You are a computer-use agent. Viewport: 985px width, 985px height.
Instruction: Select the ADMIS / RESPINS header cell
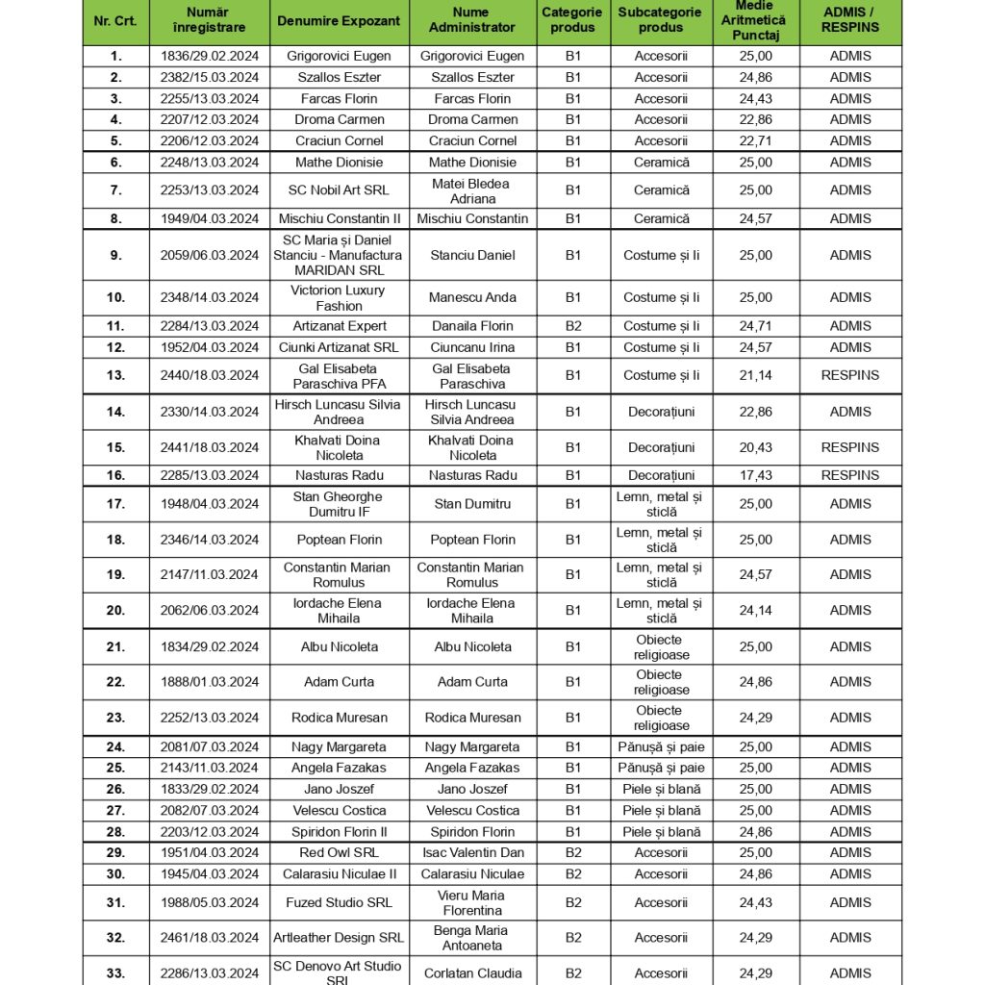coord(849,20)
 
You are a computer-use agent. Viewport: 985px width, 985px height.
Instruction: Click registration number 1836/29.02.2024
coord(210,56)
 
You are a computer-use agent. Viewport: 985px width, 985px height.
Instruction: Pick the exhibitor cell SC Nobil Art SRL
coord(339,190)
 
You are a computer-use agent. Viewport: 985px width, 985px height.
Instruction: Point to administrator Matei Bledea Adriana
coord(472,190)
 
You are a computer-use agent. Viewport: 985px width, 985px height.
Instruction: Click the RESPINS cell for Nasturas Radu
coord(849,475)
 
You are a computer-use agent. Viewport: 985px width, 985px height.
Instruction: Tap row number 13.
coord(115,375)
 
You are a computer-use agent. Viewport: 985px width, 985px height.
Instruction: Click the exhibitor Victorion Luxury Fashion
coord(339,297)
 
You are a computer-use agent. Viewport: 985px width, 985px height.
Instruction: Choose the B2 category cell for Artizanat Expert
coord(573,326)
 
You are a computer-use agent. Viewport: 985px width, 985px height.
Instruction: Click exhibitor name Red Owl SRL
coord(339,852)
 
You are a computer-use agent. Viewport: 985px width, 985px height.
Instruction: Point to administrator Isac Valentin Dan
coord(472,852)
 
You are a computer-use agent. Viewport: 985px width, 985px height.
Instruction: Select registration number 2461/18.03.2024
coord(210,938)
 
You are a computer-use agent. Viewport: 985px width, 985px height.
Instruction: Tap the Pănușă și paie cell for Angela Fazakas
coord(661,768)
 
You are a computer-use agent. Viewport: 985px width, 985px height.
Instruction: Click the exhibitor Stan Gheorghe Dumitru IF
coord(339,504)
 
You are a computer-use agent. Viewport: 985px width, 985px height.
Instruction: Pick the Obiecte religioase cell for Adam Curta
coord(661,682)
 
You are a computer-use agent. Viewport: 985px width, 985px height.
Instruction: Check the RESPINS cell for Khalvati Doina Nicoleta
coord(849,447)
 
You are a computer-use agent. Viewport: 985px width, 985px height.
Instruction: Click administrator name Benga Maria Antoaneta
coord(472,938)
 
